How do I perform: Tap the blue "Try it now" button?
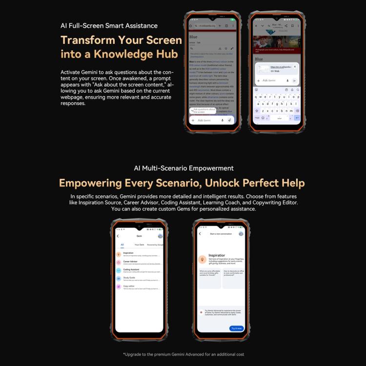236,328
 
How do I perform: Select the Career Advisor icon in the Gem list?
119,262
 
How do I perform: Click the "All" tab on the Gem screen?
122,244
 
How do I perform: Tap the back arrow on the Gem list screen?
118,236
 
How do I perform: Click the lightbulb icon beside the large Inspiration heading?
202,260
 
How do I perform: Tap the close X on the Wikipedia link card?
295,66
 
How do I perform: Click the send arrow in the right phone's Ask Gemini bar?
294,81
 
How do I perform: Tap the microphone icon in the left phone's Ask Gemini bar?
223,120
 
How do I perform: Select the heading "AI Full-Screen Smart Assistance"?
109,25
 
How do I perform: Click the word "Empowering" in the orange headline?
90,183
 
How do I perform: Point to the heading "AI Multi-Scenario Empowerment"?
183,168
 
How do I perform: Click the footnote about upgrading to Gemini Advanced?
183,354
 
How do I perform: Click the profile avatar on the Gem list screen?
160,236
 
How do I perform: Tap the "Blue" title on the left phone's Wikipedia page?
193,37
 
